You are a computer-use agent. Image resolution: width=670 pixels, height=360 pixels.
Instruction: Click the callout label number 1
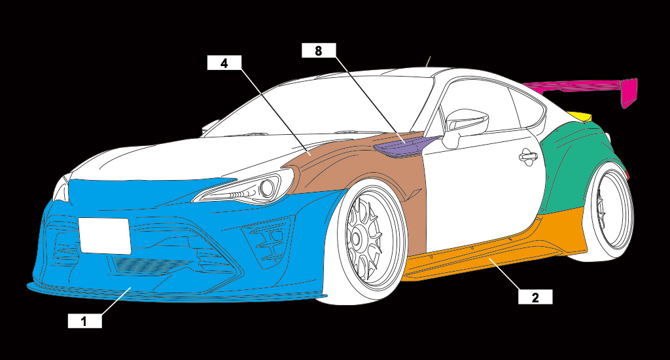tap(85, 321)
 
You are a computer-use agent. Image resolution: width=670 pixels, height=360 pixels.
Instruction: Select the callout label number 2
tap(535, 297)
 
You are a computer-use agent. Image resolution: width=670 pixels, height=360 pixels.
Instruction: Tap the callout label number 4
tap(224, 63)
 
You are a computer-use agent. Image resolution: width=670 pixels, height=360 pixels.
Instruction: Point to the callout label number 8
tap(318, 51)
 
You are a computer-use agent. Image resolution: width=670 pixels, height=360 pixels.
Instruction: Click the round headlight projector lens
tap(266, 190)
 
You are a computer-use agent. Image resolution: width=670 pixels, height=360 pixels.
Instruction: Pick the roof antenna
tap(428, 62)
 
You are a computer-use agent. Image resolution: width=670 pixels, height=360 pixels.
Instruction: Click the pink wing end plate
tap(629, 92)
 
